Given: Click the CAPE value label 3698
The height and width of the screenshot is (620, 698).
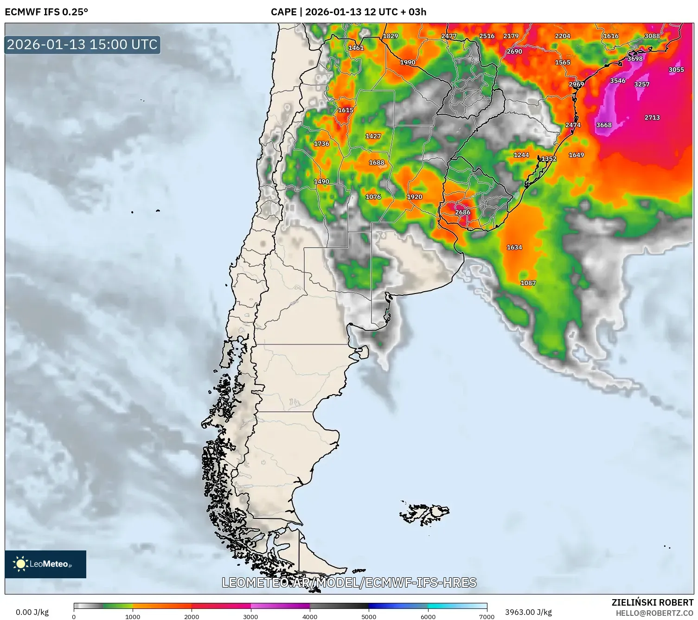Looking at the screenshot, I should pyautogui.click(x=635, y=59).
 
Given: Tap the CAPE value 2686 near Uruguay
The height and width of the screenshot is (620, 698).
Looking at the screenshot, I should pyautogui.click(x=462, y=212).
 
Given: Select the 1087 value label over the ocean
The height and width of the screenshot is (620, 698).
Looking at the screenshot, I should pyautogui.click(x=528, y=283).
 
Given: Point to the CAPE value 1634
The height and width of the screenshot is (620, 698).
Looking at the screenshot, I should pyautogui.click(x=514, y=248).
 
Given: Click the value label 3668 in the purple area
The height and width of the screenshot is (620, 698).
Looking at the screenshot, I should pyautogui.click(x=604, y=125).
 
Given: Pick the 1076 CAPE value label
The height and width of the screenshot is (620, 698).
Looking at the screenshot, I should pyautogui.click(x=373, y=197).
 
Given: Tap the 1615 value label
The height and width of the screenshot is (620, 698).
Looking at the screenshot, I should pyautogui.click(x=346, y=110).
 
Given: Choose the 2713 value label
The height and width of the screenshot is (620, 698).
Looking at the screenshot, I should pyautogui.click(x=652, y=118).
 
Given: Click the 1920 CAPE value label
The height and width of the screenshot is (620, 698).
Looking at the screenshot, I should pyautogui.click(x=415, y=197).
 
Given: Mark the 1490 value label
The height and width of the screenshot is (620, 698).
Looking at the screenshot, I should pyautogui.click(x=321, y=182).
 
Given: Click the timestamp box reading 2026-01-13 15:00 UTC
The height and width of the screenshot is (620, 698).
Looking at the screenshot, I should pyautogui.click(x=83, y=45).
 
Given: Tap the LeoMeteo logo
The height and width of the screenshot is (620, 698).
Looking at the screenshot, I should pyautogui.click(x=45, y=564).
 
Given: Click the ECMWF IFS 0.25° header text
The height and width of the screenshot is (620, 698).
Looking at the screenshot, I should pyautogui.click(x=46, y=12).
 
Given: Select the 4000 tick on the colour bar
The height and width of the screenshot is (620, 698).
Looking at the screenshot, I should pyautogui.click(x=310, y=616).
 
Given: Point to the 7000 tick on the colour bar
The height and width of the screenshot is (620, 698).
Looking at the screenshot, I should pyautogui.click(x=487, y=616).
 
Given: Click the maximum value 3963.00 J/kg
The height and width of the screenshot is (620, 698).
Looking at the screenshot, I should pyautogui.click(x=528, y=612).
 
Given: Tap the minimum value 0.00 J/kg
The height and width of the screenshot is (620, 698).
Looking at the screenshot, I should pyautogui.click(x=32, y=612).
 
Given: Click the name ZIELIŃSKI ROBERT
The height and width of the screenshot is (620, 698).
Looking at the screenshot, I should pyautogui.click(x=652, y=603).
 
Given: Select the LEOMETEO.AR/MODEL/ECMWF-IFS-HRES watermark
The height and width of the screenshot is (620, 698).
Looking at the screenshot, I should pyautogui.click(x=349, y=582).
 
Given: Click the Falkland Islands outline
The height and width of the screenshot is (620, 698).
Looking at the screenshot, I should pyautogui.click(x=424, y=513).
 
